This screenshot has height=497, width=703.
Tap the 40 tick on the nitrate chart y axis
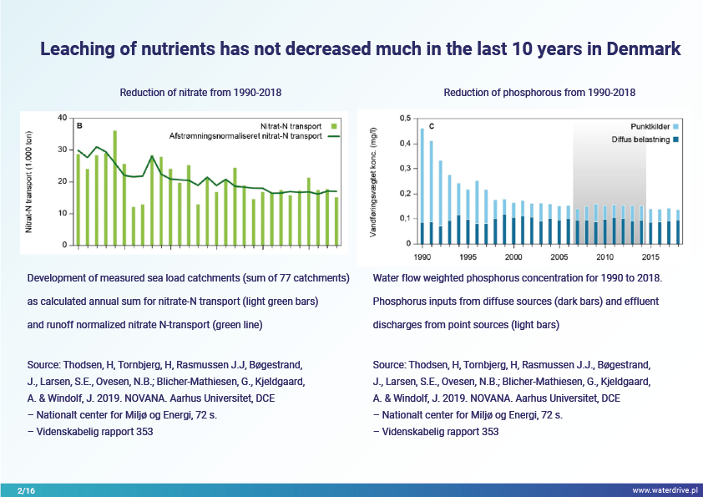click(x=63, y=118)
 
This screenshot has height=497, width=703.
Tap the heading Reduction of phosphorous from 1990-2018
click(x=539, y=92)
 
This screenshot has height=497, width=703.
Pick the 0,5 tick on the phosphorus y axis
click(x=405, y=119)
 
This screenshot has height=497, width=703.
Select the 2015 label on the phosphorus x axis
click(x=651, y=257)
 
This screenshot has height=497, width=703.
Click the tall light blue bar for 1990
click(x=422, y=175)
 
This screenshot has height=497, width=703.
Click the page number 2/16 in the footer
click(x=27, y=489)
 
